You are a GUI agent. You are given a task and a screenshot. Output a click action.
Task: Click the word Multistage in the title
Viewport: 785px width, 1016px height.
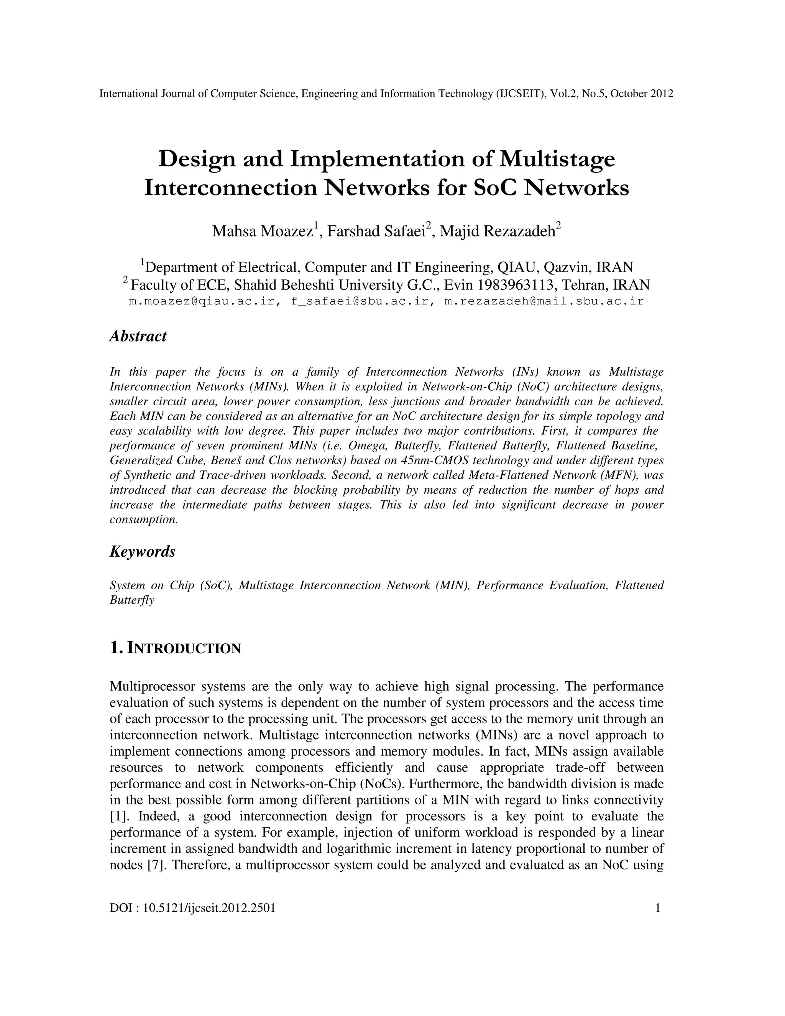pos(557,159)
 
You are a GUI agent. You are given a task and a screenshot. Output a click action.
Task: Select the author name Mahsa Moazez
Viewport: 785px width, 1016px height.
pos(262,231)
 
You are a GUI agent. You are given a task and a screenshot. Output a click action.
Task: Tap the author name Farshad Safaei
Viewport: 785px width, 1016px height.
pos(377,231)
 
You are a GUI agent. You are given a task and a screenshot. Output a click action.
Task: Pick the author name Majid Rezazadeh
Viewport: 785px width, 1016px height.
pos(497,231)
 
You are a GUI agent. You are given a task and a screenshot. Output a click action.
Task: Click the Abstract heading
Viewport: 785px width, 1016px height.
pos(138,336)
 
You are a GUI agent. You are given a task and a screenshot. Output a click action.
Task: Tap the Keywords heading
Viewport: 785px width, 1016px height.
pos(142,552)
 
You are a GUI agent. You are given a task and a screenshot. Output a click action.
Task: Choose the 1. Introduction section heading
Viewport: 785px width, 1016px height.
pos(175,648)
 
